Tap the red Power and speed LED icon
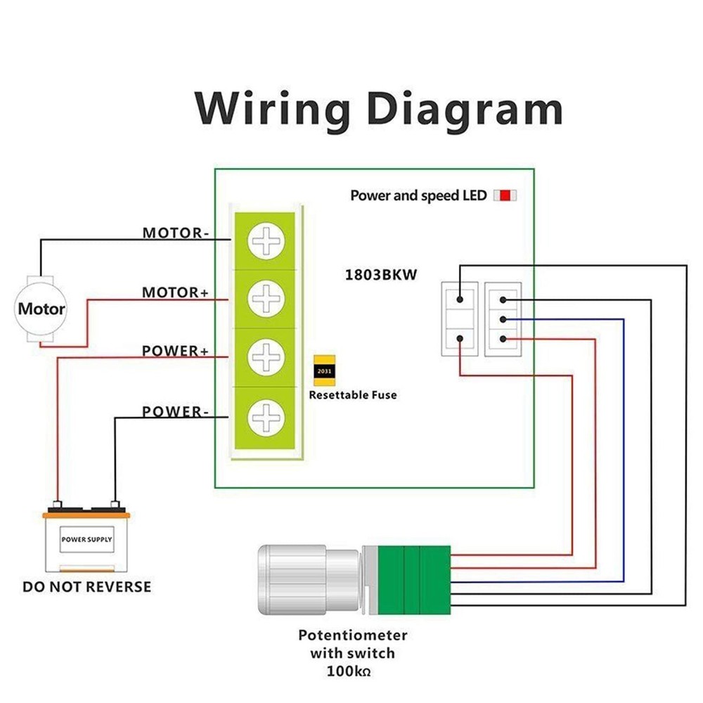point(505,195)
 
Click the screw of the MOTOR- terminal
point(266,242)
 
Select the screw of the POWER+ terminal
point(266,358)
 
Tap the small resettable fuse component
point(324,370)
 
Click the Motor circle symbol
point(41,309)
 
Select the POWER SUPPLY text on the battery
point(86,540)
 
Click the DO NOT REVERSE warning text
point(86,586)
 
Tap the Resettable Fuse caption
point(353,395)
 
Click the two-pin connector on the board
point(459,318)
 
